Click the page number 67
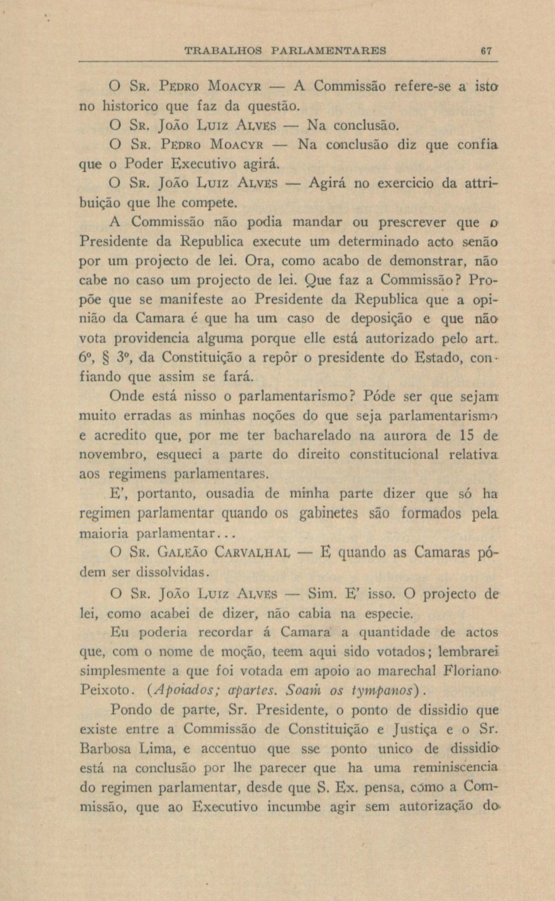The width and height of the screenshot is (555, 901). (x=487, y=50)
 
